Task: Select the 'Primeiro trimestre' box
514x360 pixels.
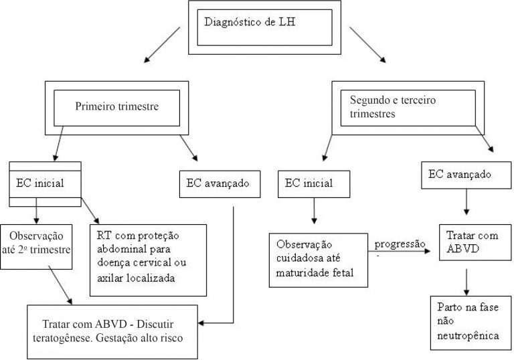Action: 117,105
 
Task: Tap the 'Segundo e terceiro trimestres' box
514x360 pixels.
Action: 408,106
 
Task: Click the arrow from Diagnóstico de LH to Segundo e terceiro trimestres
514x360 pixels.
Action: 367,46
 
